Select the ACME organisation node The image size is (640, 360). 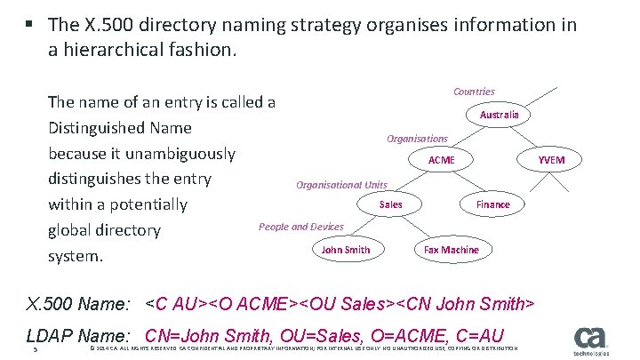point(441,160)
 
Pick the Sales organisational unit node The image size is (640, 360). point(390,204)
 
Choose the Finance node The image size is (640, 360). point(492,204)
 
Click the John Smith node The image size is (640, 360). point(346,250)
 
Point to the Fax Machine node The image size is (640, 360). point(451,250)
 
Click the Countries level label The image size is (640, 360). point(474,92)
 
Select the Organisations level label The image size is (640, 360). point(417,139)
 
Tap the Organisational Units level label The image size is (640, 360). point(341,185)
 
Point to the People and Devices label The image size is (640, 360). point(300,227)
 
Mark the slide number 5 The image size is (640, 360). point(33,349)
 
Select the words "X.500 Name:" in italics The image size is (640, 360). point(78,305)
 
